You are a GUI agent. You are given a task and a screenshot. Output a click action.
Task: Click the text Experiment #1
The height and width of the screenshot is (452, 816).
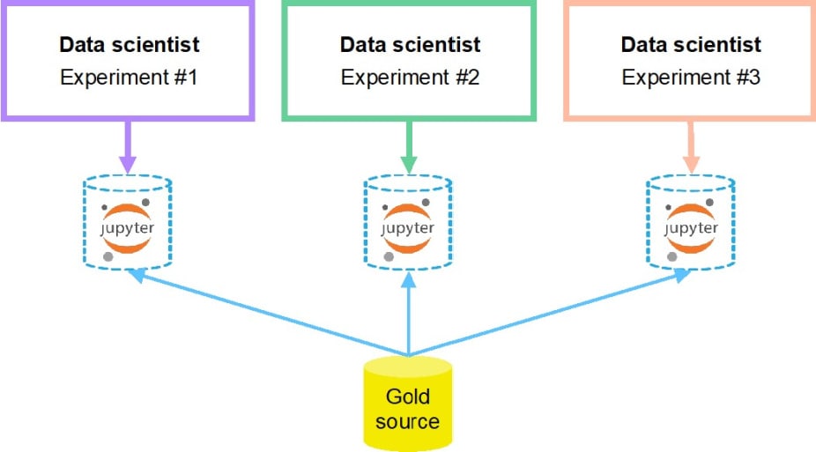tap(129, 77)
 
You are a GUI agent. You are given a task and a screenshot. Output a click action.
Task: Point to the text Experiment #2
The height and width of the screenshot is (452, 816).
tap(410, 77)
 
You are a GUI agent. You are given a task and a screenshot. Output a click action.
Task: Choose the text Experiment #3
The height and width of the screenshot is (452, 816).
tap(691, 77)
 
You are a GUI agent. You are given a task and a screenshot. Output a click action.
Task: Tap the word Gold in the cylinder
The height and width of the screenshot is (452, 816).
tap(407, 396)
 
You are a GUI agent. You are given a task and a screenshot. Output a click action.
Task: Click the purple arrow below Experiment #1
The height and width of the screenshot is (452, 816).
tap(128, 145)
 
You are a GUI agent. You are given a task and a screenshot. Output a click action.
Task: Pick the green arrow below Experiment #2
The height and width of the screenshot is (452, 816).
tap(409, 145)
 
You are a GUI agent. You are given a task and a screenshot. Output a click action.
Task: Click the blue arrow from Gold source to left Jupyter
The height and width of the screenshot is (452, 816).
tap(264, 313)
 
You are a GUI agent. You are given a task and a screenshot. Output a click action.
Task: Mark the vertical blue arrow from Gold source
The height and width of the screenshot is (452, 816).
tap(409, 317)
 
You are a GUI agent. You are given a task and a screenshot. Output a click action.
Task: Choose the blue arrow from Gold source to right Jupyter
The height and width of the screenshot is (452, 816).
tap(551, 313)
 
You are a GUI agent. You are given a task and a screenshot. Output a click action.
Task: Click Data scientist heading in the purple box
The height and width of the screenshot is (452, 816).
tap(129, 44)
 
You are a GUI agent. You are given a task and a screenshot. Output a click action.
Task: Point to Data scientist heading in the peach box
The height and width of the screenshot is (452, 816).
tap(691, 44)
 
